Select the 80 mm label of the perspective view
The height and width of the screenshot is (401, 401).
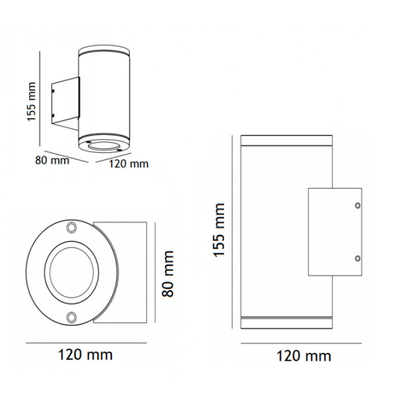click(51, 160)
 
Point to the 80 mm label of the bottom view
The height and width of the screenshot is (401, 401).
click(168, 273)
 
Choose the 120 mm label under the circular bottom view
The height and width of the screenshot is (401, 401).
click(85, 354)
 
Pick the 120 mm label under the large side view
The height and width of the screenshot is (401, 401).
click(304, 356)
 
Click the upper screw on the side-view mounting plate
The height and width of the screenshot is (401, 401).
click(358, 205)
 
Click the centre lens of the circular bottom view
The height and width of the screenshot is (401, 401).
click(71, 272)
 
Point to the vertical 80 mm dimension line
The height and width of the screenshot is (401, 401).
click(156, 273)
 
